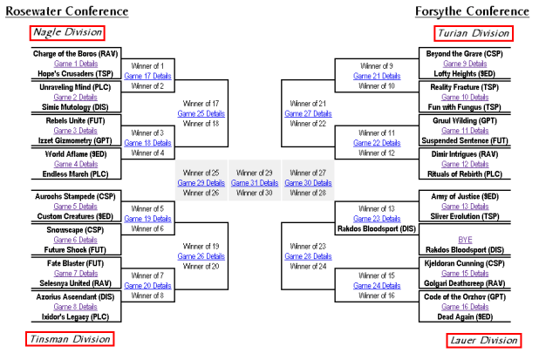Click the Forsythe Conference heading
472,11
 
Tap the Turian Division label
472,33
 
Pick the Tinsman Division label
71,338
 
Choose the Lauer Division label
472,338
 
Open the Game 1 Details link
76,64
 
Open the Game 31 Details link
256,183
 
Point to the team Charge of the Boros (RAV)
76,54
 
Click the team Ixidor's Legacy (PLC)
76,316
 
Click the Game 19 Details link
153,219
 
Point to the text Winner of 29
256,173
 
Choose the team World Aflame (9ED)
76,154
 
